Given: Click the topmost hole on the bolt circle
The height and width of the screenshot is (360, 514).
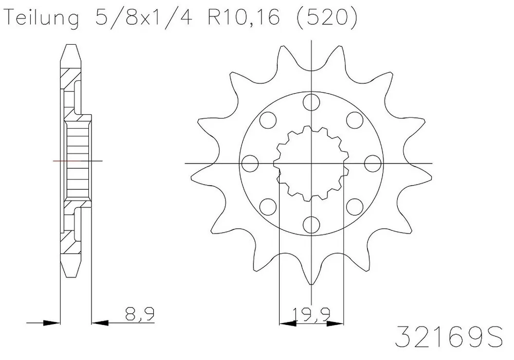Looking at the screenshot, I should pyautogui.click(x=311, y=103).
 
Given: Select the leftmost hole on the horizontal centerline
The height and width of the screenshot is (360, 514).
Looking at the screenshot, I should pyautogui.click(x=250, y=164).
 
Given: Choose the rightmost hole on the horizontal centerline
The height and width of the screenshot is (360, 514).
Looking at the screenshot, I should pyautogui.click(x=371, y=164).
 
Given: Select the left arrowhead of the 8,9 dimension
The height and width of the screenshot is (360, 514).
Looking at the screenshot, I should pyautogui.click(x=50, y=323).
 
